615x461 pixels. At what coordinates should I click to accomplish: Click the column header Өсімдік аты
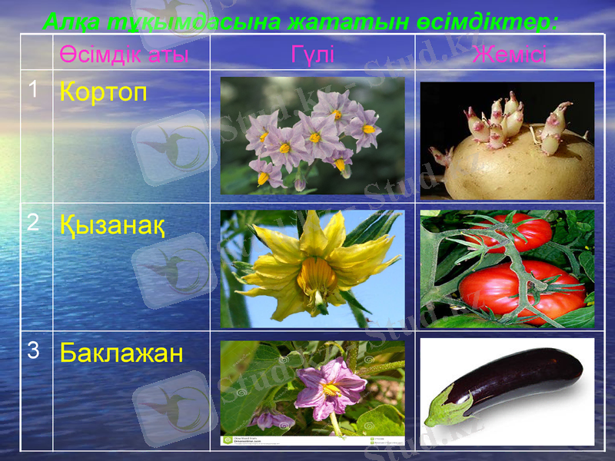124,55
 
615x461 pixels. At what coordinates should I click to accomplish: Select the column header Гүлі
312,55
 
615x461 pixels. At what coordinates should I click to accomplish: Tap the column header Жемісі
509,55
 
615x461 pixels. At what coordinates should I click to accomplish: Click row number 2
32,222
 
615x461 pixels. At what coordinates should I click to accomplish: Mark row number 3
32,351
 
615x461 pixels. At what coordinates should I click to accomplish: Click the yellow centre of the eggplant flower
331,389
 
